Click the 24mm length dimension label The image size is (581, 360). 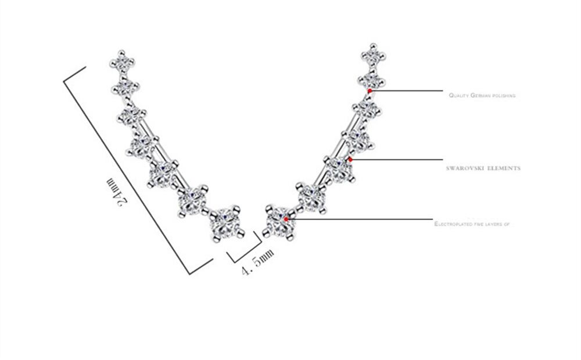[117, 192]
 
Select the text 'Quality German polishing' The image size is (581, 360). [482, 96]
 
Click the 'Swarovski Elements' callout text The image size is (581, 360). [483, 168]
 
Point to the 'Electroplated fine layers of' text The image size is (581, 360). [472, 224]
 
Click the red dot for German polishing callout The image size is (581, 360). [370, 91]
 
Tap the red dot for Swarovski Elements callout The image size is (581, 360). [350, 160]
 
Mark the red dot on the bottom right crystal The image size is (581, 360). [286, 219]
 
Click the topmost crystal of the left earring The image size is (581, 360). [122, 60]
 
